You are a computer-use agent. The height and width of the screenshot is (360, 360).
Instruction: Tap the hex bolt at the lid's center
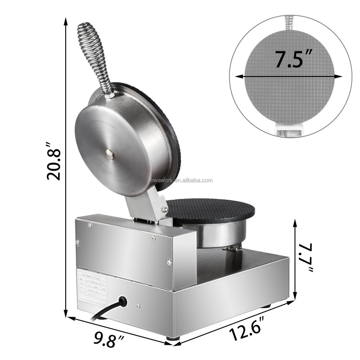tap(109, 153)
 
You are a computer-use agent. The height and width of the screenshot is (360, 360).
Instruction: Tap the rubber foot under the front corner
tap(173, 337)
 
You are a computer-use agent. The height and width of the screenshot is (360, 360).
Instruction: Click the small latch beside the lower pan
tap(234, 248)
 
